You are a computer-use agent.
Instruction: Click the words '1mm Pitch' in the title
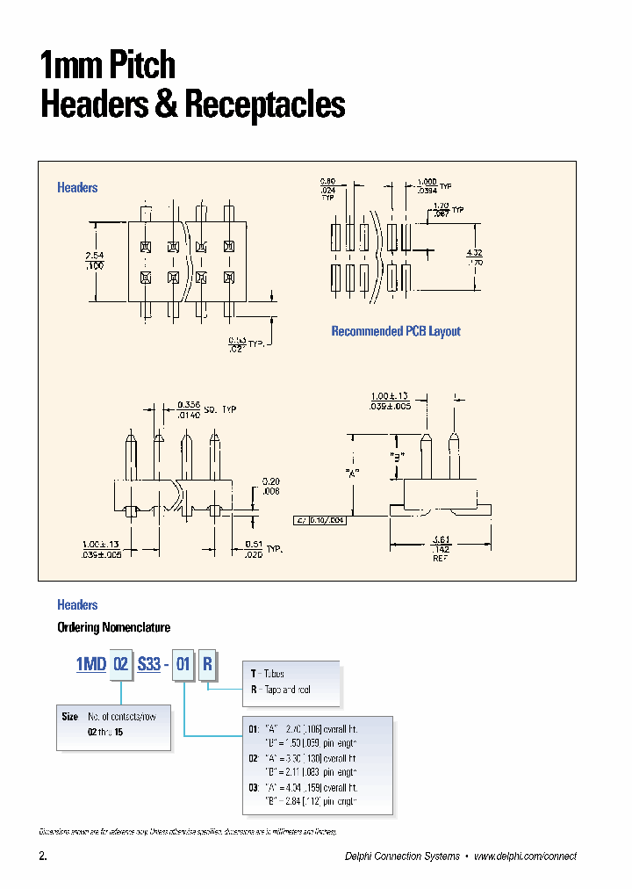[108, 66]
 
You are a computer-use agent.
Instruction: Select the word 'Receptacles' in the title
[264, 105]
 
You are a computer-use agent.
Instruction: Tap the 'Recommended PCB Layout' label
[395, 331]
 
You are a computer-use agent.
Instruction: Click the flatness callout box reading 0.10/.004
[322, 520]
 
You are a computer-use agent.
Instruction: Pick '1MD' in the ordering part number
[90, 664]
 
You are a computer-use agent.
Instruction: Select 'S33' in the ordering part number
[148, 664]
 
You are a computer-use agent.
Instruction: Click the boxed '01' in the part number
[183, 664]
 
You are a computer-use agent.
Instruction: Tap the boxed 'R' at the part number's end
[207, 664]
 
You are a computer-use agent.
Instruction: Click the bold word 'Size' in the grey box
[70, 717]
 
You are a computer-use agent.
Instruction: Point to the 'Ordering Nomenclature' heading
[113, 627]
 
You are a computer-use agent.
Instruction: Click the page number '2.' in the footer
[42, 856]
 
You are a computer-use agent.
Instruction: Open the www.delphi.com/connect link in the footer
[525, 856]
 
